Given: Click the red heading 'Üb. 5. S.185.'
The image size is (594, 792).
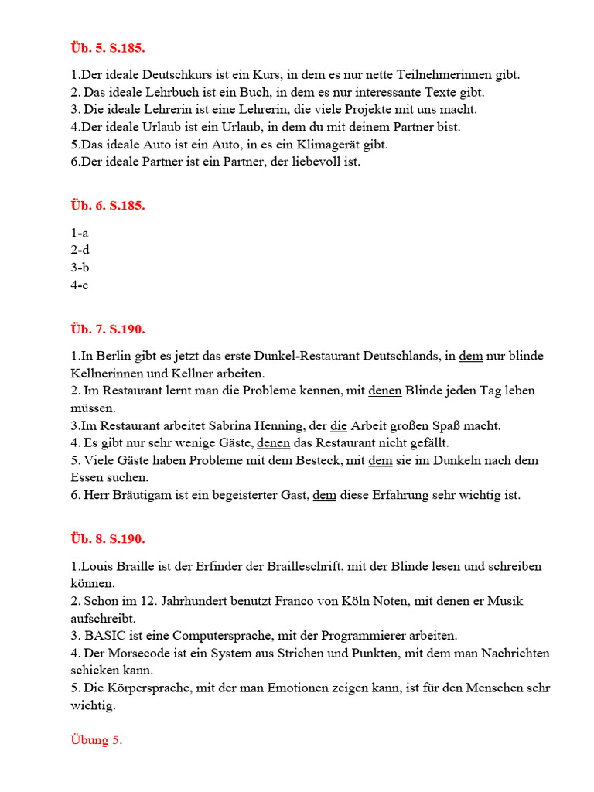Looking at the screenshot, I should coord(108,48).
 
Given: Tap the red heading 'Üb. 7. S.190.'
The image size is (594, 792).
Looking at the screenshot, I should coord(108,329).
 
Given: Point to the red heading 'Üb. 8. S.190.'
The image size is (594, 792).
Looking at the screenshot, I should coord(108,539).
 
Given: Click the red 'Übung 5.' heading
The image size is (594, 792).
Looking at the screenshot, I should coord(96,740).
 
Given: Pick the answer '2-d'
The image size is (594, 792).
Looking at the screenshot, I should coord(80,250).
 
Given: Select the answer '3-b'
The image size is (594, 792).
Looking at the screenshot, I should coord(80,268).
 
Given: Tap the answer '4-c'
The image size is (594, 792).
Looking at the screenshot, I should coord(80,285).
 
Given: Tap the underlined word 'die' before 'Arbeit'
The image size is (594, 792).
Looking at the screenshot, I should coord(339,426).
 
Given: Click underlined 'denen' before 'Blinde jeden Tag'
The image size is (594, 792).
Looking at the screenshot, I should coord(384,391).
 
